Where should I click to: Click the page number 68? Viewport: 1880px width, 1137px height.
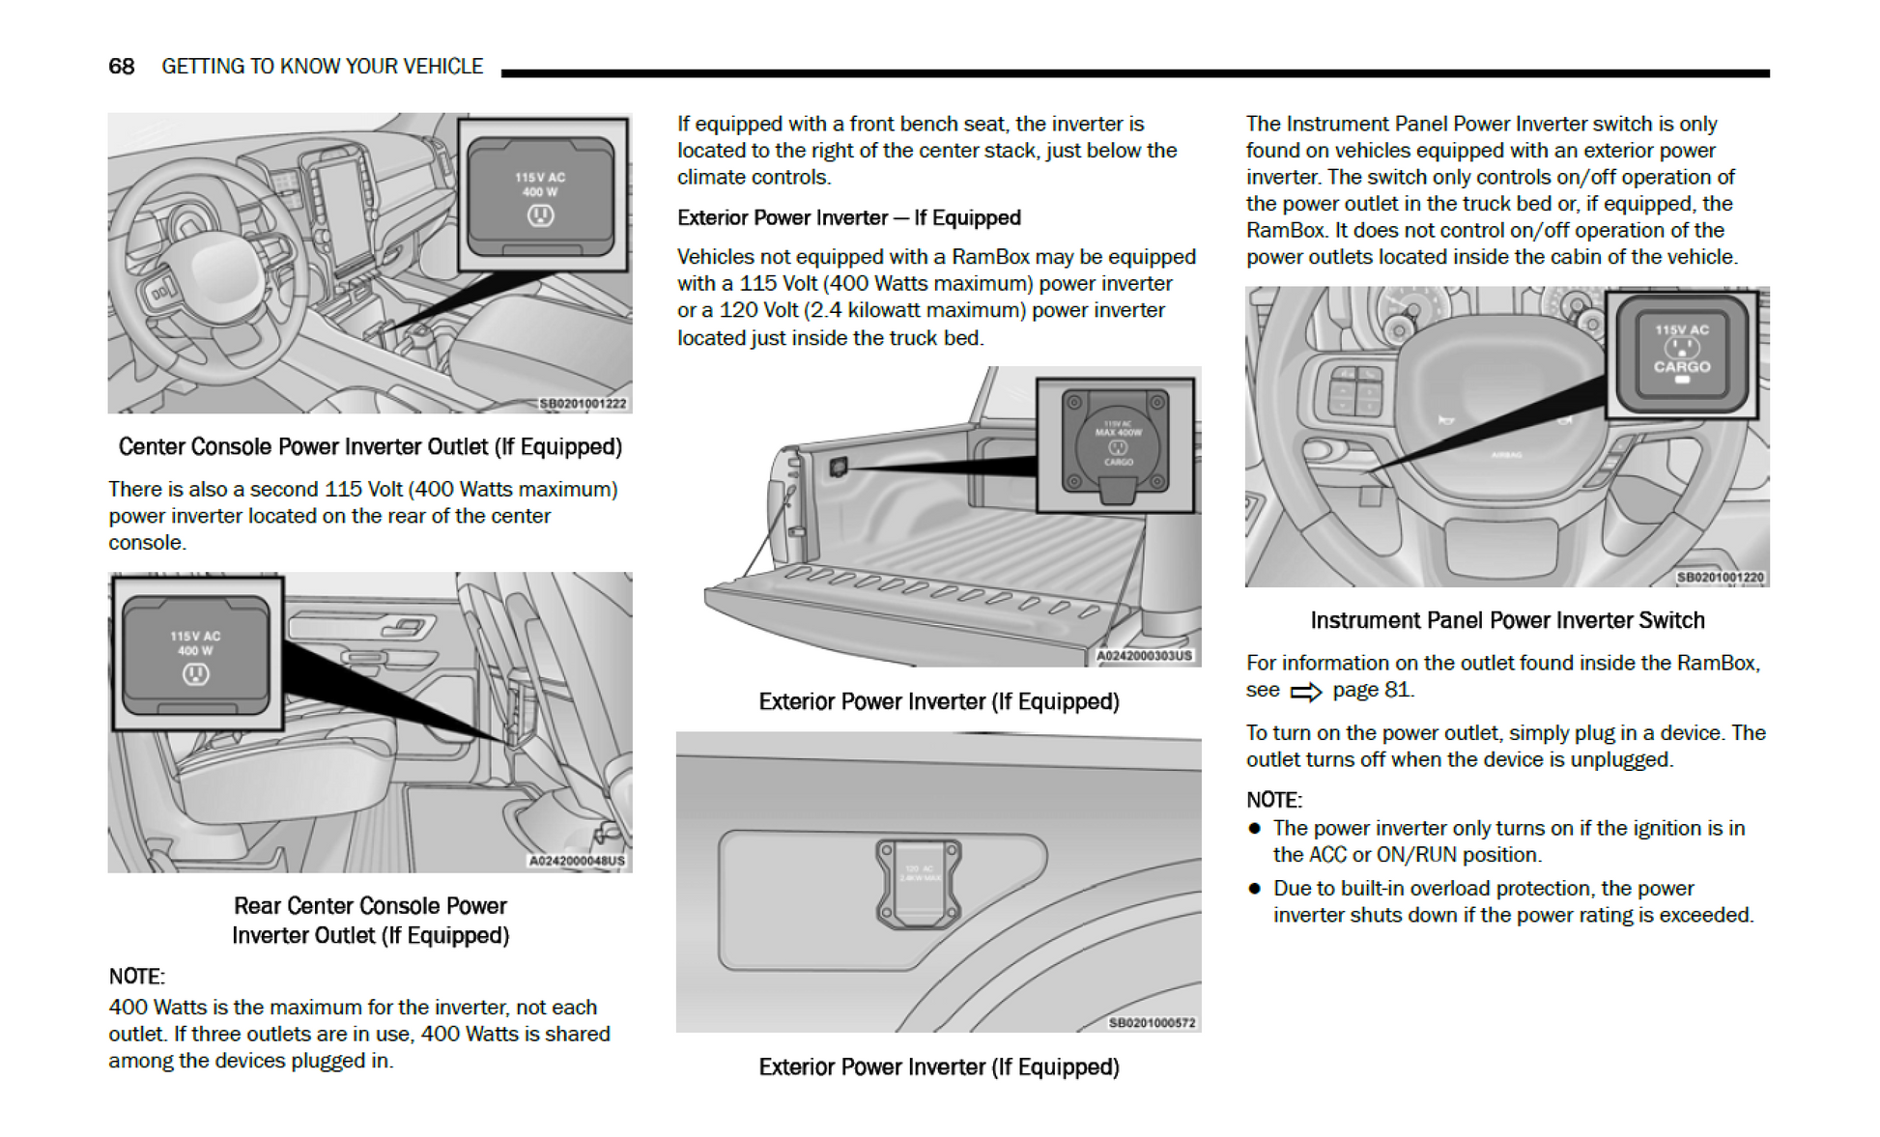[121, 66]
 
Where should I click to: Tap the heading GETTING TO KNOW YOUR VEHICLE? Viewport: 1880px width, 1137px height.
[322, 66]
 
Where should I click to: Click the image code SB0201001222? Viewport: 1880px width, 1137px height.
[583, 404]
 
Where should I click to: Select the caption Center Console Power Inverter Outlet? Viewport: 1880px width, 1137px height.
[370, 446]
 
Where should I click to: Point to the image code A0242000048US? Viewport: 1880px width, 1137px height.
[577, 861]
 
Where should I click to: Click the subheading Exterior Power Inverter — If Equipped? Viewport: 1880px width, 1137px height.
[848, 217]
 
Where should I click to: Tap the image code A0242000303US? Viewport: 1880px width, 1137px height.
[1145, 656]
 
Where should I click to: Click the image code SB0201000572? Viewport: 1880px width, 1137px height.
[1152, 1023]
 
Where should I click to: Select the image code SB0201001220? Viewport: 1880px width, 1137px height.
[1720, 578]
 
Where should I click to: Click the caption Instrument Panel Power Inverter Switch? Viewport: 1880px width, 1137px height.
[1507, 620]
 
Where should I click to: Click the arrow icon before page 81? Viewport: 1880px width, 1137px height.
[1306, 692]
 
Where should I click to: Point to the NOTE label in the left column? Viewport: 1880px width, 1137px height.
[136, 976]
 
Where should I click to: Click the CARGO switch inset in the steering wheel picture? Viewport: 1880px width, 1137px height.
[1682, 354]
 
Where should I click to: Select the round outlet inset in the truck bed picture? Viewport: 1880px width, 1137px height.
[1116, 445]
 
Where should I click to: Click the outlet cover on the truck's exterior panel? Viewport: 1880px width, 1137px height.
[918, 882]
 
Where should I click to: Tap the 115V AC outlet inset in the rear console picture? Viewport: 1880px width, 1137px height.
[197, 654]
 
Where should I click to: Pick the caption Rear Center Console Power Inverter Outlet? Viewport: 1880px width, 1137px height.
[370, 920]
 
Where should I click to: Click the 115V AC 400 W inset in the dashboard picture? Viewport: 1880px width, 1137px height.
[542, 194]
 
